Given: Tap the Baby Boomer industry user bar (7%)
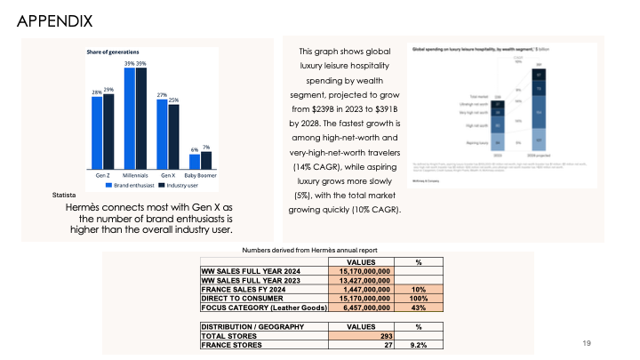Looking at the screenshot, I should (206, 159).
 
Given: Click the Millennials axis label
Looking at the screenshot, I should (135, 176).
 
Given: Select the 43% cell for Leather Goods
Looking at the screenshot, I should (419, 308).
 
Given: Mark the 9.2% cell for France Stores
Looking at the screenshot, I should (419, 345).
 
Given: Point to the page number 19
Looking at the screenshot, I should (586, 342).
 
